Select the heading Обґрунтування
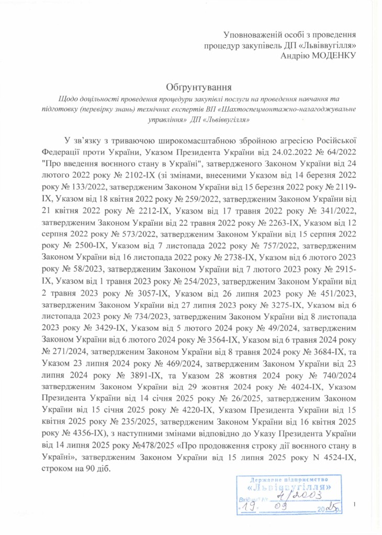191,86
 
